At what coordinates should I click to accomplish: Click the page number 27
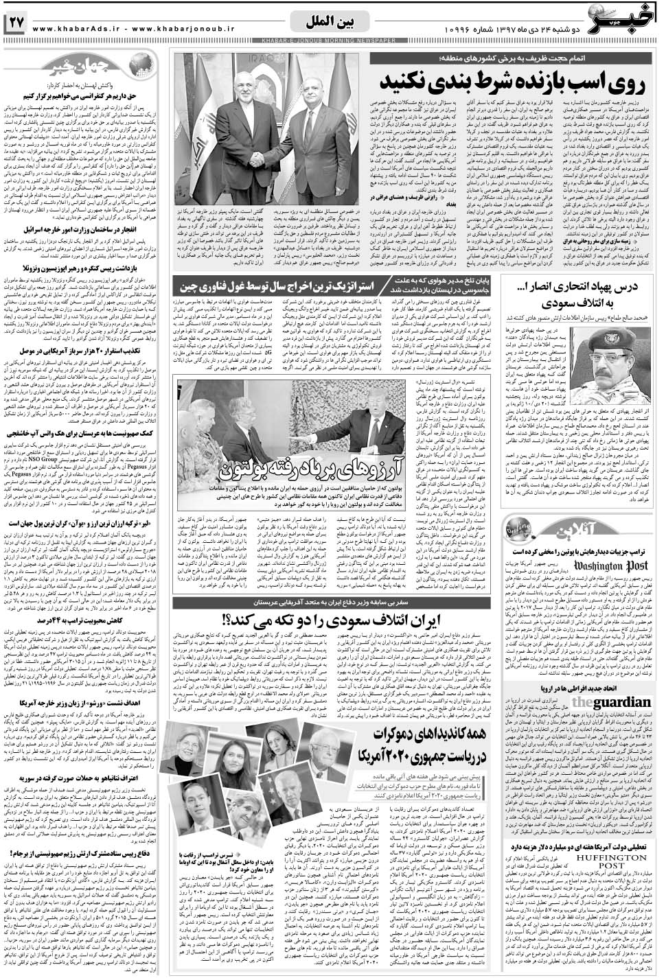pos(16,22)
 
